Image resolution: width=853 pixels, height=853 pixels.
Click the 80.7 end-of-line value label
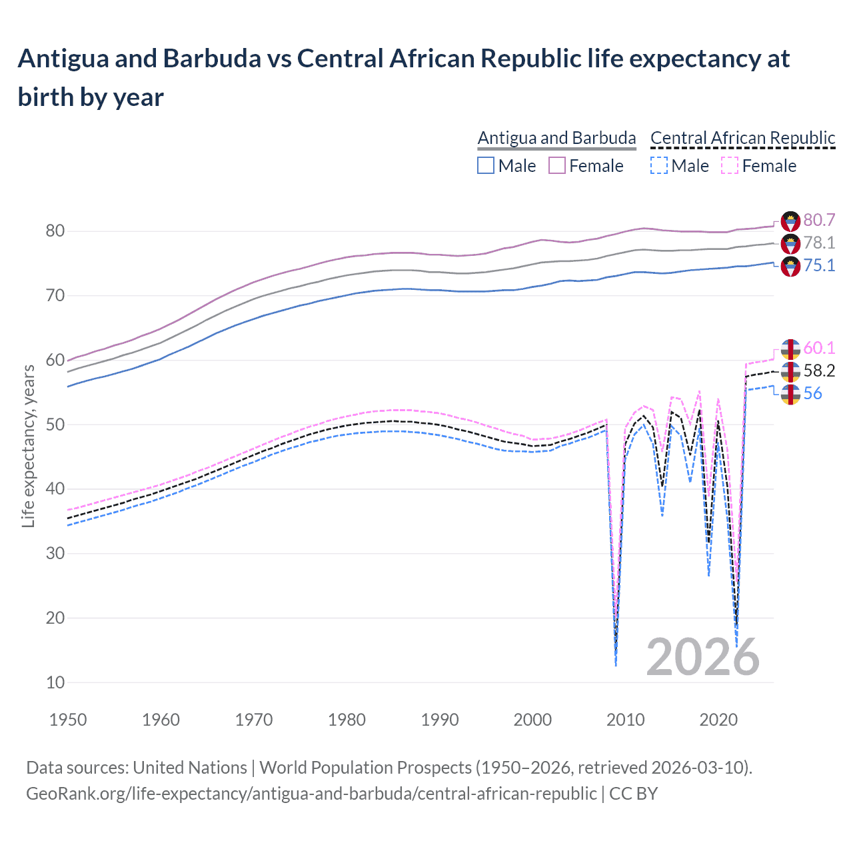click(x=819, y=220)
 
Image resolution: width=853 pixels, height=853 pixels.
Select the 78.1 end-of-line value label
click(x=819, y=243)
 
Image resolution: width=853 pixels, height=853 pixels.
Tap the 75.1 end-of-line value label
click(x=819, y=265)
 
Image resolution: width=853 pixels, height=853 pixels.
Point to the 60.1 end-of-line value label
click(x=819, y=348)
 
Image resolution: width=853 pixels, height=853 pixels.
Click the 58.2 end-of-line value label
click(x=819, y=371)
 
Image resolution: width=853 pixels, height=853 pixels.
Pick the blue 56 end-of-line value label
click(x=812, y=393)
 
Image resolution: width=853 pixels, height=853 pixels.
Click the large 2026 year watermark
click(x=702, y=657)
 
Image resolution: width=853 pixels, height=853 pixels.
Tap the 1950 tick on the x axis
click(x=68, y=720)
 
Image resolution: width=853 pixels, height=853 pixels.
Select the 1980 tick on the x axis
click(x=347, y=720)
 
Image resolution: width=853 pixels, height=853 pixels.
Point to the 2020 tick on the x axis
click(x=718, y=720)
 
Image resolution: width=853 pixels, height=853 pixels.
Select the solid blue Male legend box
click(x=486, y=165)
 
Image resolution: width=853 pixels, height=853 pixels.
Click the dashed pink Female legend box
click(x=730, y=165)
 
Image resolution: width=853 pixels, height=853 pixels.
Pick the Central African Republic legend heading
click(x=742, y=138)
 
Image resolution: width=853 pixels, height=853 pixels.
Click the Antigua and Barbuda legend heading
click(x=556, y=138)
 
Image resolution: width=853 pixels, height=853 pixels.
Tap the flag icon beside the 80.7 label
click(x=790, y=221)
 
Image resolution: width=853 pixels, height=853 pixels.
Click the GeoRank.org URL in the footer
click(x=311, y=794)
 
